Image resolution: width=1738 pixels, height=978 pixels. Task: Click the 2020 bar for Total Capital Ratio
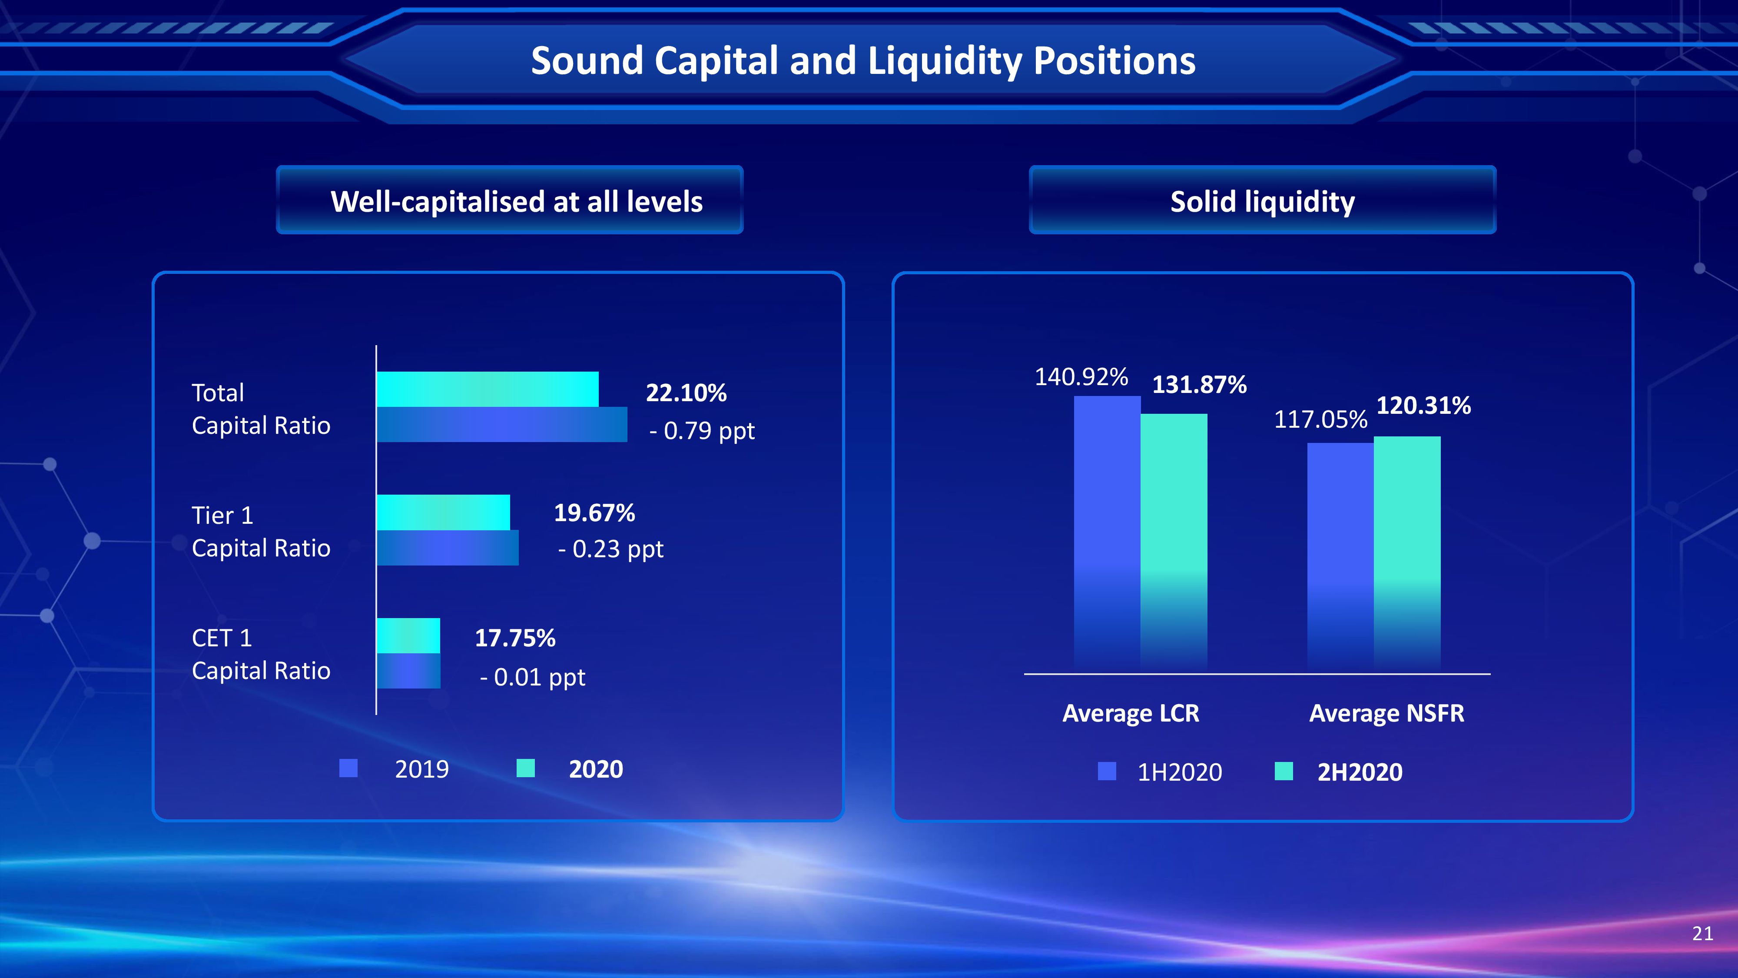coord(487,389)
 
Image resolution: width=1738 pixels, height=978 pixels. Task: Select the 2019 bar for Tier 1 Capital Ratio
coord(448,548)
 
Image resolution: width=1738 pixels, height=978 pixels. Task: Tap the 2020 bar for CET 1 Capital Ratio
coord(408,636)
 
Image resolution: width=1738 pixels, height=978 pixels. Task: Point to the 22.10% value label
coord(686,393)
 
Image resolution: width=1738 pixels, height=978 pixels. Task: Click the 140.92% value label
coord(1081,376)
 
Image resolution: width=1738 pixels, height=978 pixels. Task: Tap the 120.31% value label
coord(1423,406)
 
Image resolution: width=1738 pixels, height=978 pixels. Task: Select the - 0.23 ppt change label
coord(610,549)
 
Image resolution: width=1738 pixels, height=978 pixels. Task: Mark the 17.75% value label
coord(515,638)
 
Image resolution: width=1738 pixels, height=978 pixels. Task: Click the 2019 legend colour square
coord(348,768)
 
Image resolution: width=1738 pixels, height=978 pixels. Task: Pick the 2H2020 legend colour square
coord(1284,771)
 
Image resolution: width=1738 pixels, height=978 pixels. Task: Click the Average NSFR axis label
coord(1386,713)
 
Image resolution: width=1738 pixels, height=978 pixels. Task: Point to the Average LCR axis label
coord(1131,713)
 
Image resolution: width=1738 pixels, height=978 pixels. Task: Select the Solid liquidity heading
coord(1262,202)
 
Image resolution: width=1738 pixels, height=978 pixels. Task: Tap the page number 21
coord(1703,934)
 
